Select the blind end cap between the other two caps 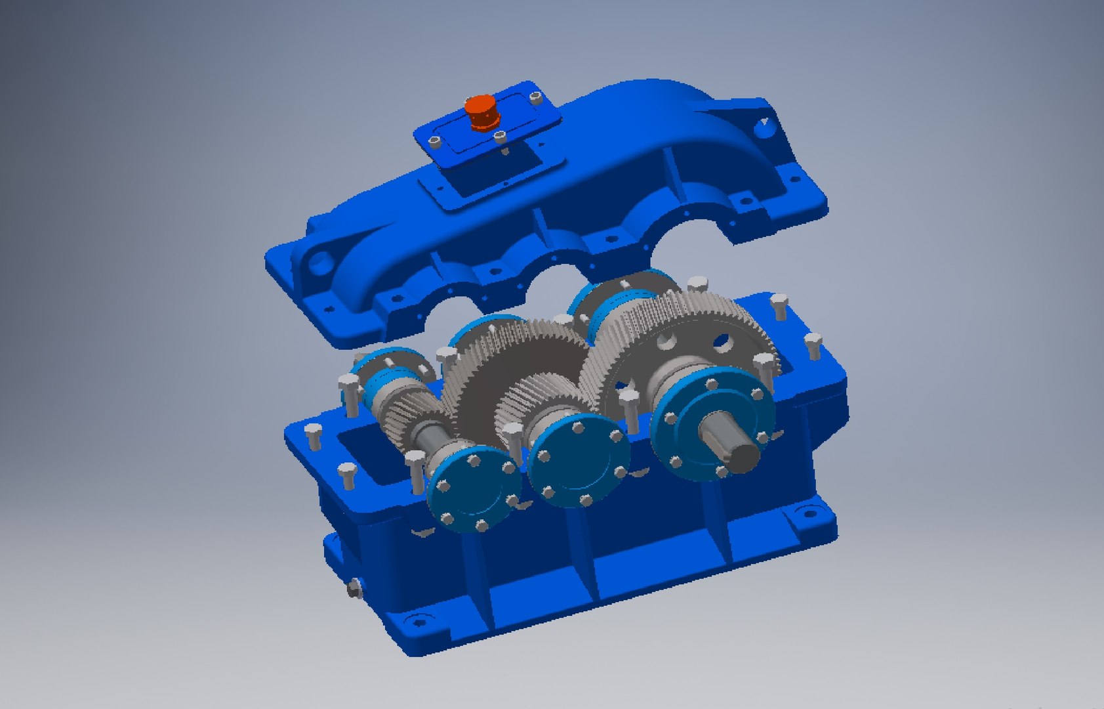(577, 460)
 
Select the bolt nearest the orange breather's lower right (500, 137)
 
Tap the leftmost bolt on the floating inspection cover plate (434, 142)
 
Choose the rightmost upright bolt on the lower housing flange (813, 344)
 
